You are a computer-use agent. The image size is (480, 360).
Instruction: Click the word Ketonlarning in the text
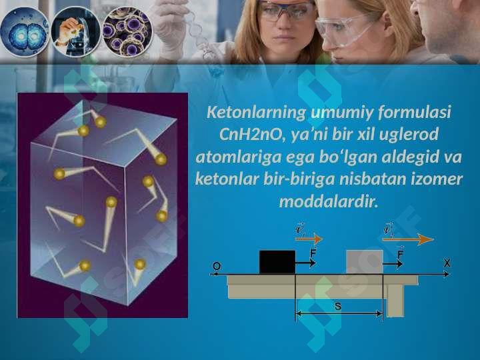click(x=256, y=113)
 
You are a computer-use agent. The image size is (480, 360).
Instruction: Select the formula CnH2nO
click(x=250, y=135)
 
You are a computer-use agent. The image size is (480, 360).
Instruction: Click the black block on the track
click(x=277, y=262)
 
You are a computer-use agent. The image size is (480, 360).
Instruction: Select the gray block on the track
click(x=364, y=262)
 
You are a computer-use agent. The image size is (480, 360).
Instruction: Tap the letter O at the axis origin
click(x=217, y=266)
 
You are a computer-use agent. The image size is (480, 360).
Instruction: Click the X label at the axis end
click(x=447, y=263)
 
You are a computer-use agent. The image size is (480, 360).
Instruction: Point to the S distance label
click(x=337, y=306)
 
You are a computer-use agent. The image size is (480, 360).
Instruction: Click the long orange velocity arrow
click(x=408, y=240)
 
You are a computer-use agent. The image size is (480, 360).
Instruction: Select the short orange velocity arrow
click(x=309, y=239)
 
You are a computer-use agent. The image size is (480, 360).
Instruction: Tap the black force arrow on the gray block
click(x=393, y=264)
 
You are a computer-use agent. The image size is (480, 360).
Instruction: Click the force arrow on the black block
click(x=305, y=263)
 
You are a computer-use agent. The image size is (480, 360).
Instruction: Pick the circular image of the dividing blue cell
click(x=25, y=33)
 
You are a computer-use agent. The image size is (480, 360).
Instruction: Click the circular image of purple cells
click(x=127, y=32)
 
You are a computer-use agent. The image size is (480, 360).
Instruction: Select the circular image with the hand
click(x=75, y=32)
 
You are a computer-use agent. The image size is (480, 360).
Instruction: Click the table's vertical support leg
click(x=395, y=301)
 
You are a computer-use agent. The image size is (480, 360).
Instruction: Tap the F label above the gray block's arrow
click(x=400, y=253)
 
